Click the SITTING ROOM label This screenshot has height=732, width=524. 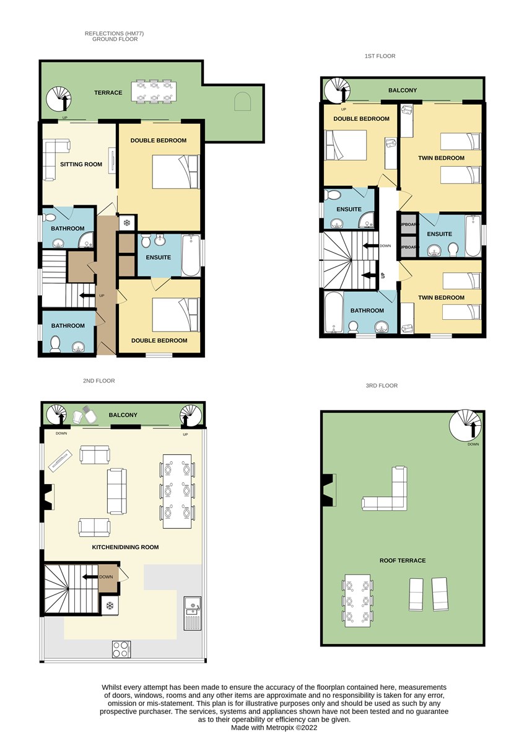point(81,164)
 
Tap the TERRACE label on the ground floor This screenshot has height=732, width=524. point(108,93)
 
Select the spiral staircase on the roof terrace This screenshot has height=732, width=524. point(465,425)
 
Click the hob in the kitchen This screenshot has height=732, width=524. point(121,650)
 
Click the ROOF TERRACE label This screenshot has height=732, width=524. point(403,561)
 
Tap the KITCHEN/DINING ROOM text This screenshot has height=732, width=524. point(125,547)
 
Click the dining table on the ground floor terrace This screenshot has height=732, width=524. point(154,92)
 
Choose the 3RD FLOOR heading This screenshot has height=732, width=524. point(382,386)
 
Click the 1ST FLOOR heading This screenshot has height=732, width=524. point(380,56)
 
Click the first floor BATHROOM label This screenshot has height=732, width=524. point(367,311)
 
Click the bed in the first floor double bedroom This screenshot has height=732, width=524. point(345,145)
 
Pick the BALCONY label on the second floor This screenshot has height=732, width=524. point(123,415)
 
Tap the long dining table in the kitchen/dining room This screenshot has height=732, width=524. point(177,491)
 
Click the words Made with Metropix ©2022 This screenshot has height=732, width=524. point(274,727)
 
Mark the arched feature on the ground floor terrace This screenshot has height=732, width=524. point(242,101)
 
